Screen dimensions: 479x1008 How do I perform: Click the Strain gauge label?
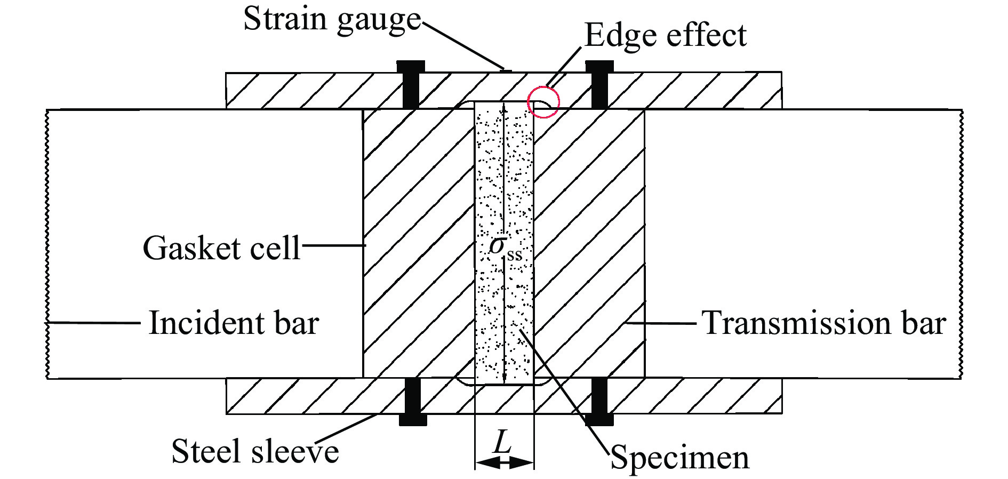pos(332,20)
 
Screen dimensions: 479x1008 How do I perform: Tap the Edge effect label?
pos(665,36)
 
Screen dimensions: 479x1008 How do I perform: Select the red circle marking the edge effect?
pos(543,102)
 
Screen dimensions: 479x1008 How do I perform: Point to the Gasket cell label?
pos(221,248)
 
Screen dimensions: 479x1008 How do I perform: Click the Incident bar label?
pos(234,323)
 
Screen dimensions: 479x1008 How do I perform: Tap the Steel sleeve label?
pos(255,451)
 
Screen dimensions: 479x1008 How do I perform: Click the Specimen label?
pos(679,458)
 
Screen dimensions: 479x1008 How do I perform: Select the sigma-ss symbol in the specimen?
pos(505,248)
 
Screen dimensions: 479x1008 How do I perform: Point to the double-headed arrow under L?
pos(504,462)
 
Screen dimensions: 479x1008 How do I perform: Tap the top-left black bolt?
pos(411,84)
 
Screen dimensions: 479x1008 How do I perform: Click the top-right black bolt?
pos(599,84)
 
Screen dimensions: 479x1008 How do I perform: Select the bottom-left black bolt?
pos(413,401)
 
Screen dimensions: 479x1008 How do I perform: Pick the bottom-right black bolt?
pos(599,401)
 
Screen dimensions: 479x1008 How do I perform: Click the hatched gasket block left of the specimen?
pos(419,243)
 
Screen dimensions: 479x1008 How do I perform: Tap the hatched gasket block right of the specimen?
pos(589,243)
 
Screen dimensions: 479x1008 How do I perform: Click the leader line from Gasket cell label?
pos(333,245)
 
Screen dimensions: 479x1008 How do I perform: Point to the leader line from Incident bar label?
pos(93,322)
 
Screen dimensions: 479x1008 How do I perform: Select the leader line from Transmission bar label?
pos(661,323)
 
